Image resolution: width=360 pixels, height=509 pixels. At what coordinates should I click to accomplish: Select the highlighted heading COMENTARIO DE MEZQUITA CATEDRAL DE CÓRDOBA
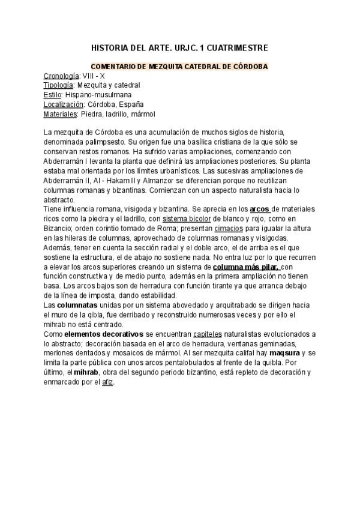(179, 67)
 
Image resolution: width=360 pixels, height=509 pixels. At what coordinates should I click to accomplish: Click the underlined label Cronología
(61, 76)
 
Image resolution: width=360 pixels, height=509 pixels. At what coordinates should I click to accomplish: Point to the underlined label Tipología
(58, 85)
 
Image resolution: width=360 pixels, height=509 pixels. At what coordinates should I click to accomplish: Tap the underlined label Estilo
(52, 95)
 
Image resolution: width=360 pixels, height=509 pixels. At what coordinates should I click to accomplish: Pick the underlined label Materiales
(61, 113)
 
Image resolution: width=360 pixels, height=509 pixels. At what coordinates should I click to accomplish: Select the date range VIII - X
(94, 76)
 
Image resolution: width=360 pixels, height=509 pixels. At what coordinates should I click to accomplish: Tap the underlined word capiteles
(207, 334)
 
